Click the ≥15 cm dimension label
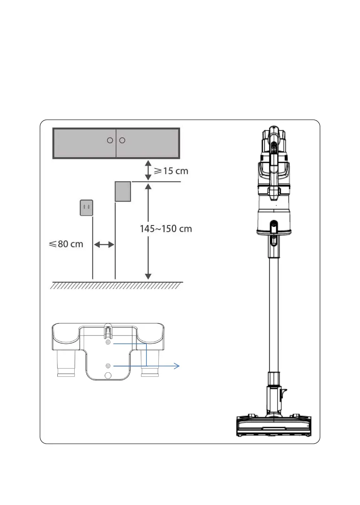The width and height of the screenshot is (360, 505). pyautogui.click(x=171, y=171)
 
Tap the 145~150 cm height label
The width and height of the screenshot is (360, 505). pyautogui.click(x=166, y=229)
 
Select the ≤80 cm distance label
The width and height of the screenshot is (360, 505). pyautogui.click(x=66, y=244)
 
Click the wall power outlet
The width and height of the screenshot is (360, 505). pyautogui.click(x=86, y=208)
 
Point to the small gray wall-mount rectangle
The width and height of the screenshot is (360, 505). pyautogui.click(x=123, y=191)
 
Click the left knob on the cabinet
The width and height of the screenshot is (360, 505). pyautogui.click(x=110, y=141)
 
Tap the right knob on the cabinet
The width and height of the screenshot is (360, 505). pyautogui.click(x=122, y=141)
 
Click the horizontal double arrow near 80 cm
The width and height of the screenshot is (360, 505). pyautogui.click(x=104, y=244)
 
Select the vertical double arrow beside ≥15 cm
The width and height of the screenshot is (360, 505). pyautogui.click(x=148, y=170)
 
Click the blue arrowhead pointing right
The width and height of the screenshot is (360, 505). pyautogui.click(x=177, y=366)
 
